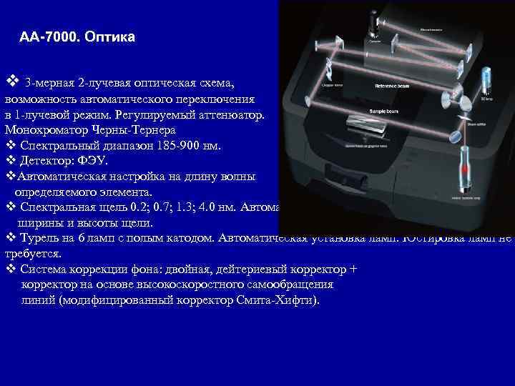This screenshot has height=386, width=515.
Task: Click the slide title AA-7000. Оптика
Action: pos(77,36)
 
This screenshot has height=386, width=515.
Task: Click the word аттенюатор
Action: pos(230,114)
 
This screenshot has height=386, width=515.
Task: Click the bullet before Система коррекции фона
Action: pos(10,269)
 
